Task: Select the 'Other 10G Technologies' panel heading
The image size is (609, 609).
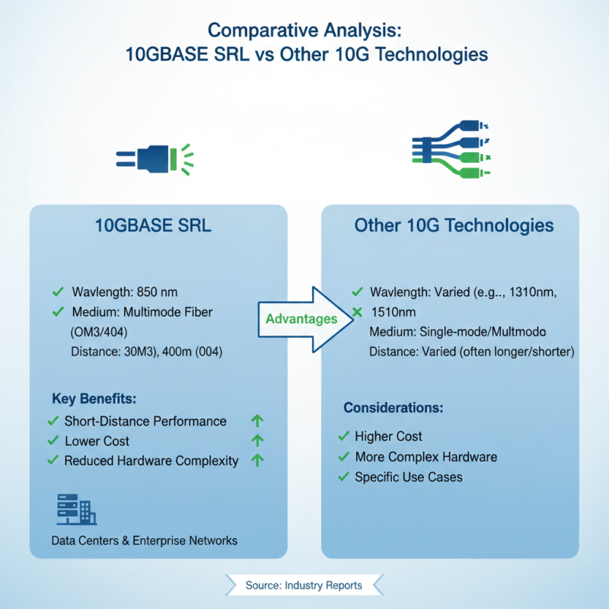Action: tap(454, 226)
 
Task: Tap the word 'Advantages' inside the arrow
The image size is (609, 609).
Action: tap(301, 318)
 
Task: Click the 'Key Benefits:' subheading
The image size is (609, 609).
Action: tap(94, 399)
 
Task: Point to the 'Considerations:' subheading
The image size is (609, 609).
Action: tap(394, 407)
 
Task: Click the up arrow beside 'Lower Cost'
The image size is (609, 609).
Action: tap(257, 441)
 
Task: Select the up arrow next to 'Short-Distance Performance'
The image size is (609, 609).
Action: tap(257, 421)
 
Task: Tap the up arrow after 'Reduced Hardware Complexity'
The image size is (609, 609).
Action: tap(257, 460)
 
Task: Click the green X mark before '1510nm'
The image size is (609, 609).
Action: tap(357, 312)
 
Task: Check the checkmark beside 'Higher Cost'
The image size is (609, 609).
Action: tap(343, 436)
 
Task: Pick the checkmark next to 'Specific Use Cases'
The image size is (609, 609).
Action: tap(343, 477)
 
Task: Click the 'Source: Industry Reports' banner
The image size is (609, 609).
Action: tap(304, 585)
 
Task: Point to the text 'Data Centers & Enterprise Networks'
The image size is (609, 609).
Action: tap(144, 540)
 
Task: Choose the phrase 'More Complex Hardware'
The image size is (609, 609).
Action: tap(426, 457)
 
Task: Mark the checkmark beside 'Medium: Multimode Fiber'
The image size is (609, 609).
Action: tap(57, 312)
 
